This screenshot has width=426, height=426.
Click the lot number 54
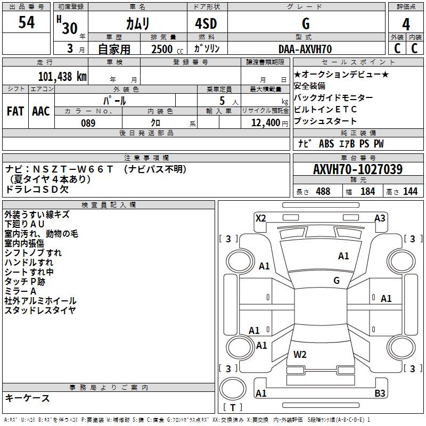[27, 22]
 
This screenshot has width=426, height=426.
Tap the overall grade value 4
[406, 24]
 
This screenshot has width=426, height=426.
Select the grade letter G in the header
[305, 24]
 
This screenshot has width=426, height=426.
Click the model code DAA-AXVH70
[305, 49]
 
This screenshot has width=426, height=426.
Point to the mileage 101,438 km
[62, 76]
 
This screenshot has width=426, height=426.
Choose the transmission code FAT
[15, 111]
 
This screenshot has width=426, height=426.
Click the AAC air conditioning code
[41, 111]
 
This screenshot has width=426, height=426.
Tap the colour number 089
[88, 123]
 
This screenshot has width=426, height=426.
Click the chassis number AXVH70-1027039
[357, 169]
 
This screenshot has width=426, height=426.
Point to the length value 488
[323, 192]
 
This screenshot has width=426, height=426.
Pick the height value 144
[410, 192]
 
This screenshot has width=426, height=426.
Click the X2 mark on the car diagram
[260, 218]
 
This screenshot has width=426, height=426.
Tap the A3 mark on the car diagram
[380, 218]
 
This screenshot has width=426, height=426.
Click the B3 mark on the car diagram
[380, 394]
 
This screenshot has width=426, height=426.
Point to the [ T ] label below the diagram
[233, 408]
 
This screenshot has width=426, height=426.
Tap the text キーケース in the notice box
[28, 398]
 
